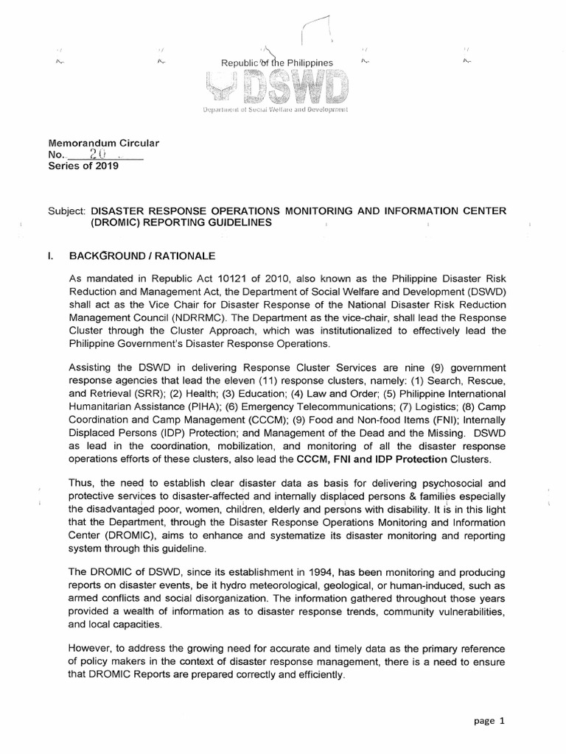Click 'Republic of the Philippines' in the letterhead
coord(277,63)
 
